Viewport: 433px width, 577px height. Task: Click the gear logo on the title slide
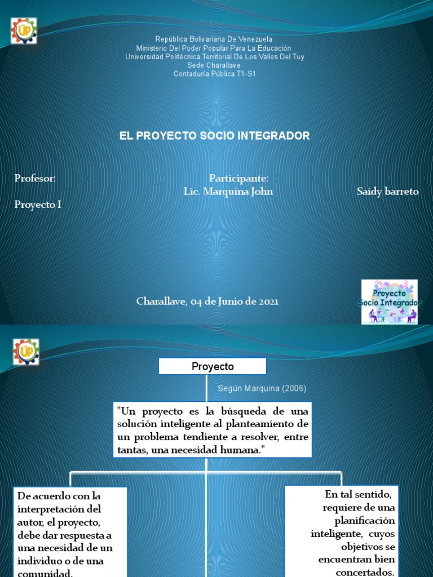tap(24, 30)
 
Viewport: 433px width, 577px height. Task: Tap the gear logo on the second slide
tap(26, 352)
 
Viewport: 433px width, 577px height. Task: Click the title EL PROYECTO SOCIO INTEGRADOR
tap(215, 136)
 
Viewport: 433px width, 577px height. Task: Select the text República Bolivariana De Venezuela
tap(214, 39)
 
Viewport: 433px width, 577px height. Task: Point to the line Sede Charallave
tap(214, 65)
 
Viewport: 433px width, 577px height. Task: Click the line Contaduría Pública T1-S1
tap(214, 74)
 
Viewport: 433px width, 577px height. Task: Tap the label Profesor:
tap(35, 179)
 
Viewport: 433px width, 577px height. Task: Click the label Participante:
tap(238, 179)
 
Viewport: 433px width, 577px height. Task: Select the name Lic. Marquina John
tap(228, 192)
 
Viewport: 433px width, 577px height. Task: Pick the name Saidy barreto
tap(388, 192)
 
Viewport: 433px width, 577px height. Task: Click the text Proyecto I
tap(38, 205)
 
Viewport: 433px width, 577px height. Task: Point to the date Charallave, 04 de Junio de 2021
tap(207, 301)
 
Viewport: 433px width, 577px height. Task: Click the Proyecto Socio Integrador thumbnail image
tap(390, 302)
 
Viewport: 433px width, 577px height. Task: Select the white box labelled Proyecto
tap(213, 366)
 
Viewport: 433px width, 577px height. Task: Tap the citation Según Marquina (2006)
tap(262, 389)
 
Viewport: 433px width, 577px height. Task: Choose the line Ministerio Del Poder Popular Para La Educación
tap(214, 48)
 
